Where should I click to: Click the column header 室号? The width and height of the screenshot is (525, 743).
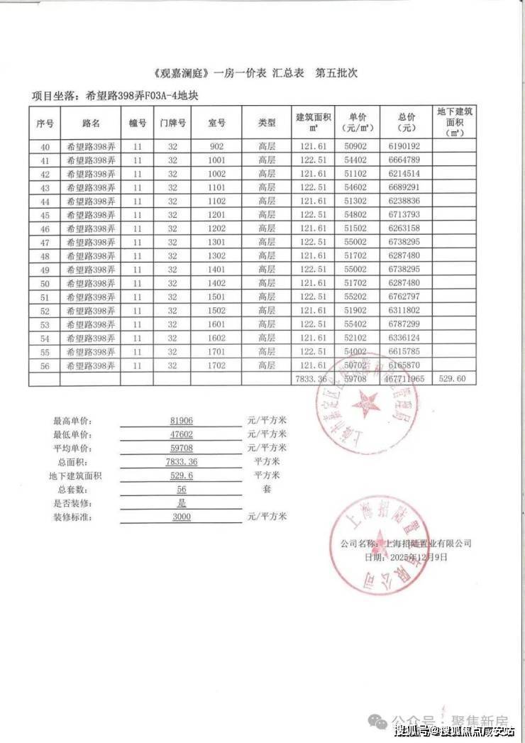(217, 123)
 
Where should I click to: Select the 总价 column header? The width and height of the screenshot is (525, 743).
(407, 123)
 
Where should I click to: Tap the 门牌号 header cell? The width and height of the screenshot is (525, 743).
(172, 123)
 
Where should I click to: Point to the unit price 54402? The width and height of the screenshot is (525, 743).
(358, 160)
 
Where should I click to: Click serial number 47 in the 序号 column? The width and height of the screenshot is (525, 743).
(45, 243)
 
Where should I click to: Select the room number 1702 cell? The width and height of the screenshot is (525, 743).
(217, 365)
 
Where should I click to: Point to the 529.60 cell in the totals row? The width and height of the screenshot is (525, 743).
(453, 380)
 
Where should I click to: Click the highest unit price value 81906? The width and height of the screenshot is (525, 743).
(182, 421)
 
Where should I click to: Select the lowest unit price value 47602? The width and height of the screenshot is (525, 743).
(182, 434)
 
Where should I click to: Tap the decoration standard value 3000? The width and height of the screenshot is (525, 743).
(182, 517)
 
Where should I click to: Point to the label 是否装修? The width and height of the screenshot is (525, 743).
(72, 504)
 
